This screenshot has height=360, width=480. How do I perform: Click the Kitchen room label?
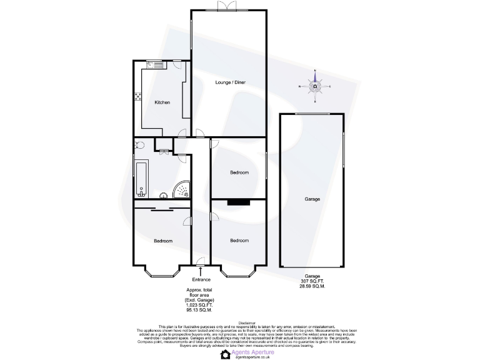[x=162, y=102]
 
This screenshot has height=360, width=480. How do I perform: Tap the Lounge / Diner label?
[x=230, y=82]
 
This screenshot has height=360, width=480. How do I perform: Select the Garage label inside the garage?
[x=312, y=199]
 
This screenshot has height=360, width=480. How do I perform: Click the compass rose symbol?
[x=316, y=86]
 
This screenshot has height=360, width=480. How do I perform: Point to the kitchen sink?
[x=155, y=64]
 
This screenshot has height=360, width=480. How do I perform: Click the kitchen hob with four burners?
[x=137, y=96]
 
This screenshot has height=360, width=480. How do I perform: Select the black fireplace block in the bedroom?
[x=239, y=202]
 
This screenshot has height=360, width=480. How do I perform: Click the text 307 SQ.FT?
[x=312, y=281]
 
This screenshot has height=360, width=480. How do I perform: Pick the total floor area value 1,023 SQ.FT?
[x=200, y=304]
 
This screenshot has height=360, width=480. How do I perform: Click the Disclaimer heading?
[x=240, y=322]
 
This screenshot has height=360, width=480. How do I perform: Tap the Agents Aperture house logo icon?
[x=226, y=354]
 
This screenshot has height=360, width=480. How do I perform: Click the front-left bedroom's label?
[x=162, y=241]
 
